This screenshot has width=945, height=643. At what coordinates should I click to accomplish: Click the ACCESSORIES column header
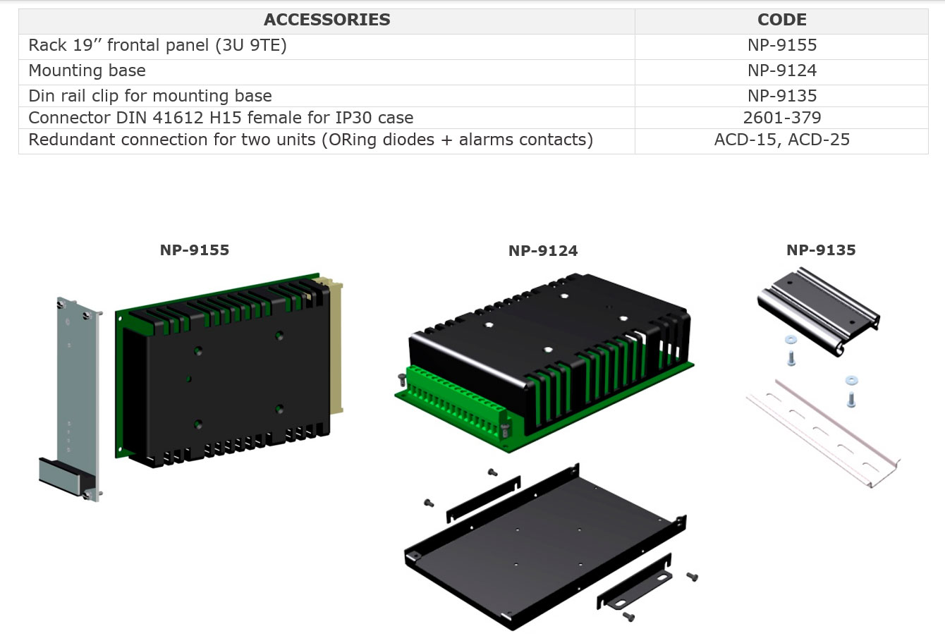coord(327,20)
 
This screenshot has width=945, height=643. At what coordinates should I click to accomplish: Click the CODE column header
coord(781,20)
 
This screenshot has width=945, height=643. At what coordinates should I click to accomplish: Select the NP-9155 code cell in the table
coord(781,45)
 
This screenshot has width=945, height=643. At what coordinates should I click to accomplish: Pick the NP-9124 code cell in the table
coord(781,71)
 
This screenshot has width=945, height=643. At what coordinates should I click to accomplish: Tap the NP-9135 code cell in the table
coord(781,95)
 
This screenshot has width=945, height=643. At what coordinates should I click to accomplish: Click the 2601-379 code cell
coord(781,118)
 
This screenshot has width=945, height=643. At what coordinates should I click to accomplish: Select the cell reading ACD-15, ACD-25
coord(781,140)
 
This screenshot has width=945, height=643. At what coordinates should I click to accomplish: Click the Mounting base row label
coord(87,71)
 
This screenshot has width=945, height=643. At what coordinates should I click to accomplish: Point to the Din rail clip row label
coord(150,95)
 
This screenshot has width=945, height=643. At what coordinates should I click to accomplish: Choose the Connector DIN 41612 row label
coord(221,118)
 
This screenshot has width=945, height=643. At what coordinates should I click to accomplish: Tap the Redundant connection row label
coord(310,140)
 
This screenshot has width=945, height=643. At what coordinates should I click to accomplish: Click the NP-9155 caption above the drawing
coord(194,250)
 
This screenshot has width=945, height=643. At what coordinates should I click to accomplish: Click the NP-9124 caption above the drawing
coord(542,251)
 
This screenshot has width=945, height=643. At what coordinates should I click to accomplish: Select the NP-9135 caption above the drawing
coord(821,250)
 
